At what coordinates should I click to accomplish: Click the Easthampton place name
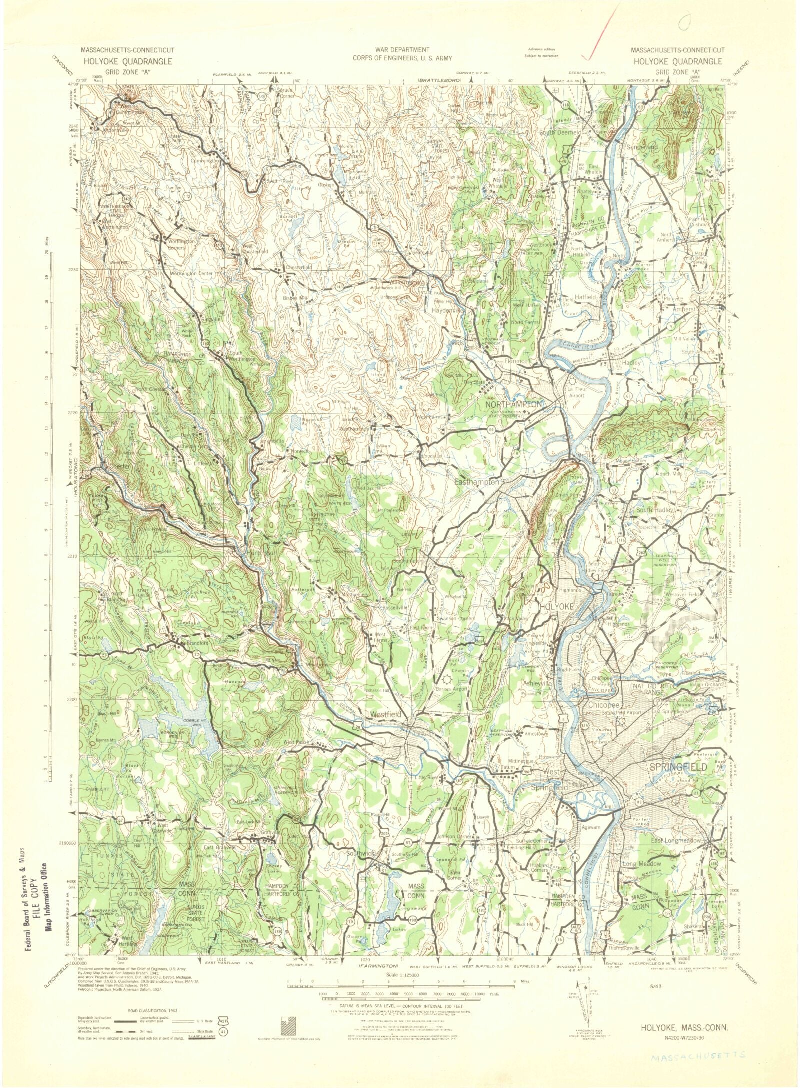[476, 482]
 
